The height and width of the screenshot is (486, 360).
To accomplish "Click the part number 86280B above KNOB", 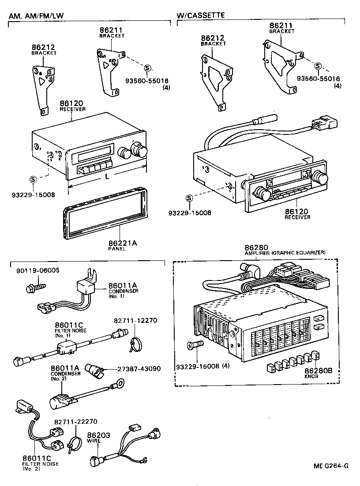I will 321,371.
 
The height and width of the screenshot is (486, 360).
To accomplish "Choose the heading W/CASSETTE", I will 201,15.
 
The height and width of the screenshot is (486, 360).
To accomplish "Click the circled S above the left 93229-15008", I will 33,179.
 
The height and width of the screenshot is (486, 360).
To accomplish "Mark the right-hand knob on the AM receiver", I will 141,150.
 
